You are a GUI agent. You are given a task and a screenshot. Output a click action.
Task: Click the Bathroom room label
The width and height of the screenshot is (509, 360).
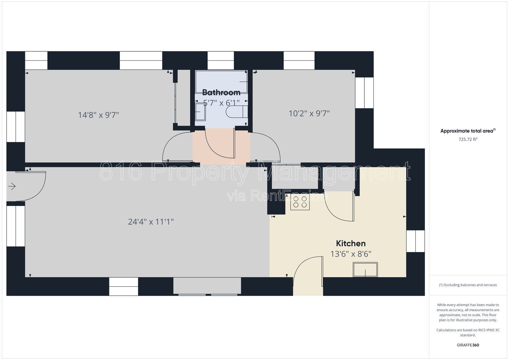coord(221,93)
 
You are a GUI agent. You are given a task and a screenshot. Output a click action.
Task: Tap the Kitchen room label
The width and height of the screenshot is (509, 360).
coord(351,243)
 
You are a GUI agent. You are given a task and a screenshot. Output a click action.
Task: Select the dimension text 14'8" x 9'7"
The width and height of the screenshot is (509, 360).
coord(98,115)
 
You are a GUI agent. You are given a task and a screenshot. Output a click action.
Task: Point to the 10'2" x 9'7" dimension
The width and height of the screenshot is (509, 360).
coord(309,113)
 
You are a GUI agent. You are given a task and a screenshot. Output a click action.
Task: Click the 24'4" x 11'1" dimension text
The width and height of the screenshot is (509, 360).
coord(151,222)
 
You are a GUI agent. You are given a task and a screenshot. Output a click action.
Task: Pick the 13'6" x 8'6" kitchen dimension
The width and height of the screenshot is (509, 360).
coord(351,254)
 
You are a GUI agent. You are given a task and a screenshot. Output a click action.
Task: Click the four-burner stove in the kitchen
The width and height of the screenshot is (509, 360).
coord(300,202)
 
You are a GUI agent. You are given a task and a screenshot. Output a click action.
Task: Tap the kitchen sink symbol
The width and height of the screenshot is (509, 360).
coord(365,270)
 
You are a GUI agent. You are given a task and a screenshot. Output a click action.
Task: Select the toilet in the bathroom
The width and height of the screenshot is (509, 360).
coord(237,112)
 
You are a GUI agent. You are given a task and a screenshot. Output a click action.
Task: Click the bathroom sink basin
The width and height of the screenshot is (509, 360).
coord(200,112)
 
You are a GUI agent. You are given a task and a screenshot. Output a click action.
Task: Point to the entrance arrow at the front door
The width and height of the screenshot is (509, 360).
coord(12,186)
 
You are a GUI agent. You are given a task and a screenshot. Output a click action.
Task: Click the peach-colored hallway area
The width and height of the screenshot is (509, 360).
coord(221,147)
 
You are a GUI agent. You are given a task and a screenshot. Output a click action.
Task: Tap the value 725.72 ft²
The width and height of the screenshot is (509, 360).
coord(468,139)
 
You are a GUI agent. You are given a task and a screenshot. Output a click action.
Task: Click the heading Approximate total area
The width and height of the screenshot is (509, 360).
coord(468,131)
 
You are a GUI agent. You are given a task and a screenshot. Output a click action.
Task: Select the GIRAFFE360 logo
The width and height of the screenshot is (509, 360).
coord(468,345)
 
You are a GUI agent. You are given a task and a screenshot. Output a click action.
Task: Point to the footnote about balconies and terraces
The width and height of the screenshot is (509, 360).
coord(468,285)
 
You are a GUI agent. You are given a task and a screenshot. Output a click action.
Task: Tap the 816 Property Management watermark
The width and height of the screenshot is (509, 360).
coord(255,172)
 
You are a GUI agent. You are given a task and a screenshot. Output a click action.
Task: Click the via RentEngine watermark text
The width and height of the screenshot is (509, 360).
coord(277,196)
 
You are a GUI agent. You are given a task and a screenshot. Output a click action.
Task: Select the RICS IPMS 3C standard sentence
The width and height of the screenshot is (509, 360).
coord(468,333)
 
